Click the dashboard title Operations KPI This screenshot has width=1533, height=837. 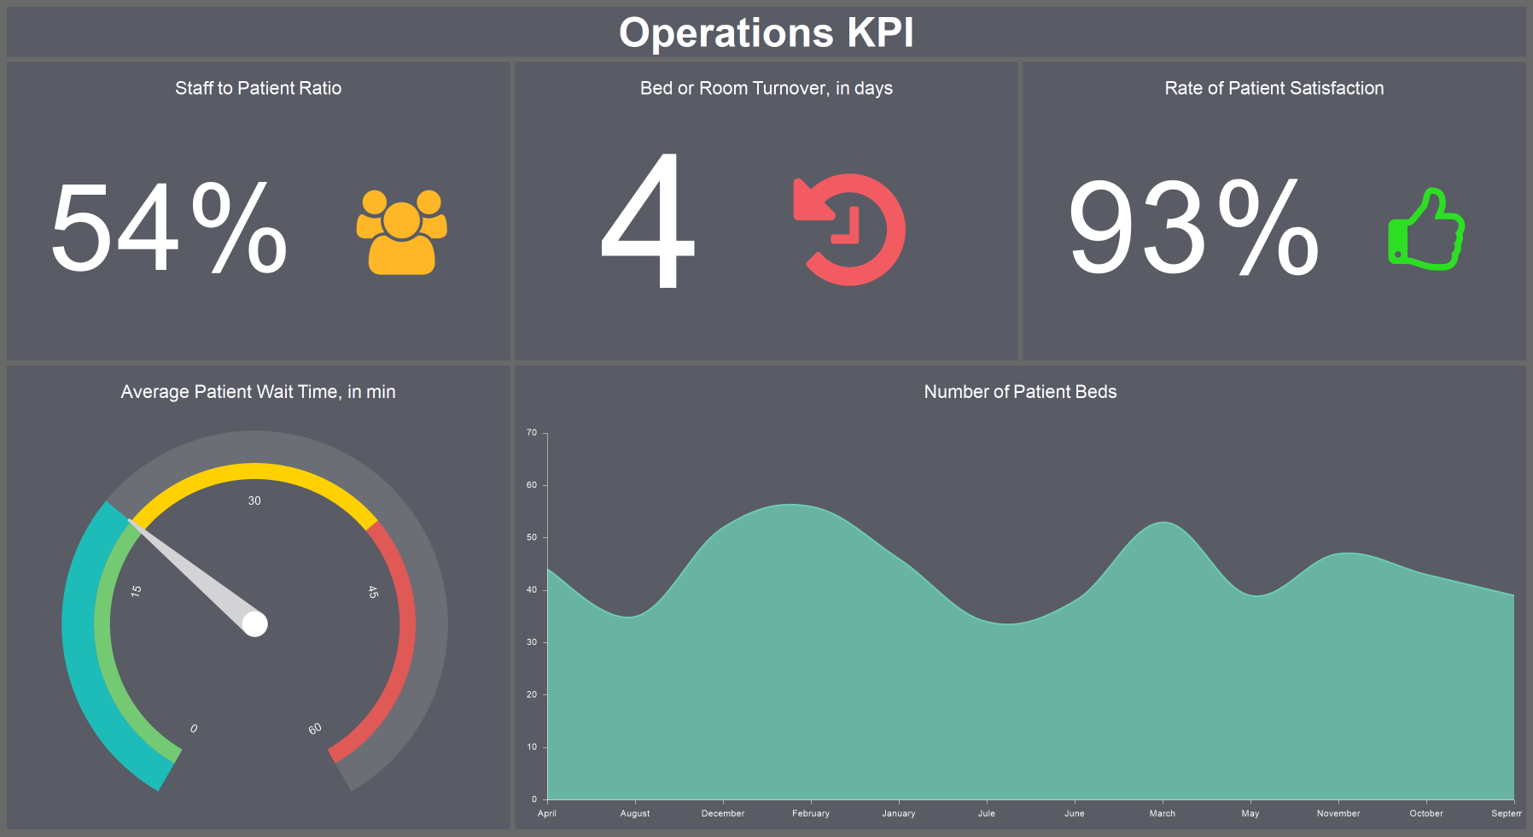pyautogui.click(x=766, y=33)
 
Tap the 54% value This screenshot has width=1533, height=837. pyautogui.click(x=168, y=229)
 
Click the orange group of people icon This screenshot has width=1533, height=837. pyautogui.click(x=401, y=231)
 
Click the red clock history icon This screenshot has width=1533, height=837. pyautogui.click(x=849, y=230)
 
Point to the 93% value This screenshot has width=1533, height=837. pyautogui.click(x=1193, y=229)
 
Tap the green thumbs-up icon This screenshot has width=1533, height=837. pyautogui.click(x=1425, y=230)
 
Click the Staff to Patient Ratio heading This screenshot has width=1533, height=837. pyautogui.click(x=258, y=88)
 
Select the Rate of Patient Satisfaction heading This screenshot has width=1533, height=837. pyautogui.click(x=1274, y=88)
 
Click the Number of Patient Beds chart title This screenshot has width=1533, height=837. pyautogui.click(x=1020, y=392)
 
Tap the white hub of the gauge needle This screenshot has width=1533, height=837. pyautogui.click(x=254, y=624)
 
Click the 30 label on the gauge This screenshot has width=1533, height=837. pyautogui.click(x=254, y=500)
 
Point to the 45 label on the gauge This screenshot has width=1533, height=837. pyautogui.click(x=373, y=591)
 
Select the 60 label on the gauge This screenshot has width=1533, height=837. pyautogui.click(x=315, y=729)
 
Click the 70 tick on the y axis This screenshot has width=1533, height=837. pyautogui.click(x=532, y=433)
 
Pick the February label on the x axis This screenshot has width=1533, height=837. pyautogui.click(x=810, y=813)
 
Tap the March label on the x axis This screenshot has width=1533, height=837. pyautogui.click(x=1162, y=813)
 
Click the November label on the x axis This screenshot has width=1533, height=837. pyautogui.click(x=1338, y=813)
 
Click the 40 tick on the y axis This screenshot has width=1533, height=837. pyautogui.click(x=532, y=590)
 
